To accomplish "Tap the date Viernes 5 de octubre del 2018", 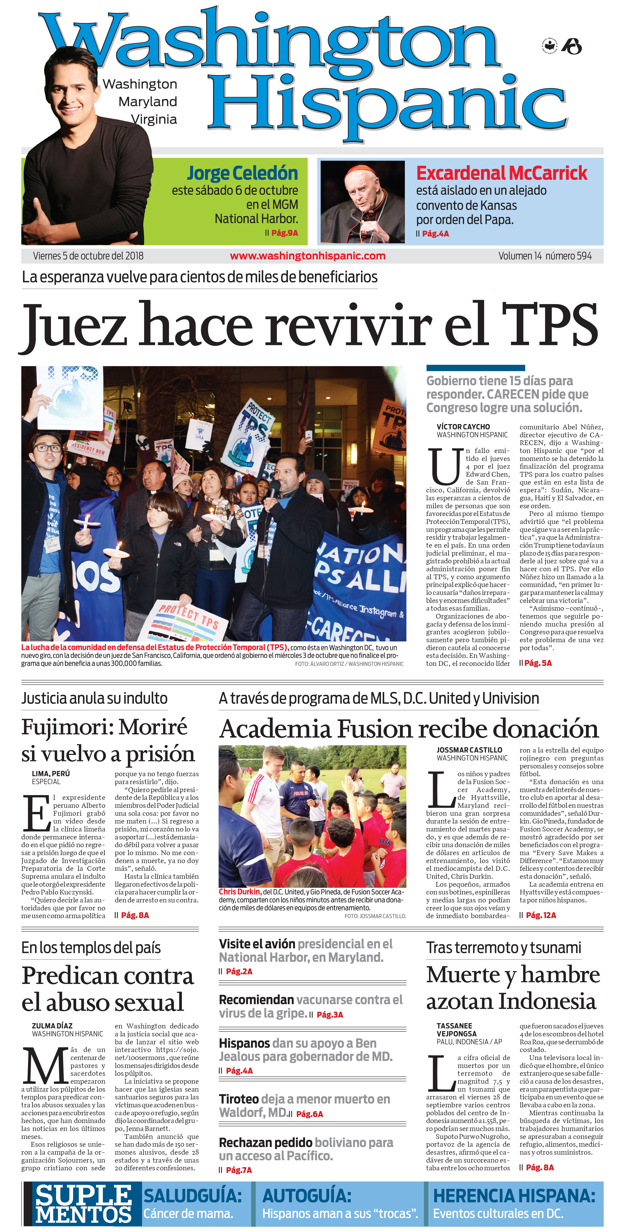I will pyautogui.click(x=88, y=256).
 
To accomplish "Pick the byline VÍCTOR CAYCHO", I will pyautogui.click(x=463, y=427).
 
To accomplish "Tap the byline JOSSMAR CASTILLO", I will pyautogui.click(x=469, y=750).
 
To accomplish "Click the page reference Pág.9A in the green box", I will pyautogui.click(x=284, y=233).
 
